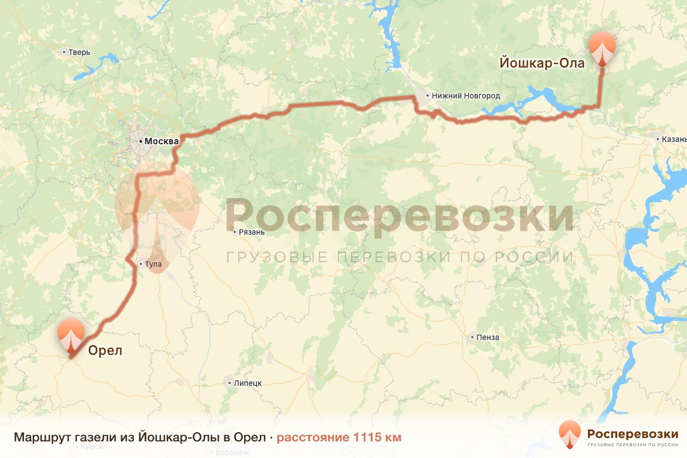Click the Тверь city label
coord(79,52)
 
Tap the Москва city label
coord(160,141)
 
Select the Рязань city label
coord(251,232)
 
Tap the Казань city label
coord(673,139)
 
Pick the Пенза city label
coord(487,337)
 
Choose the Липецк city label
coord(247,383)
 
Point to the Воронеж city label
coord(232,452)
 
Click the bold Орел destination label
coord(105,350)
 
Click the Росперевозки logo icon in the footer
coord(570,433)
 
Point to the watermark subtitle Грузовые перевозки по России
coord(400,256)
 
